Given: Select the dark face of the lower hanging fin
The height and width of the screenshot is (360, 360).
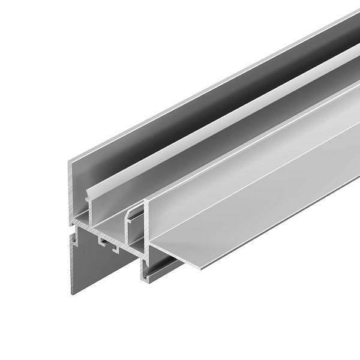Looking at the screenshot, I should [x=102, y=264].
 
